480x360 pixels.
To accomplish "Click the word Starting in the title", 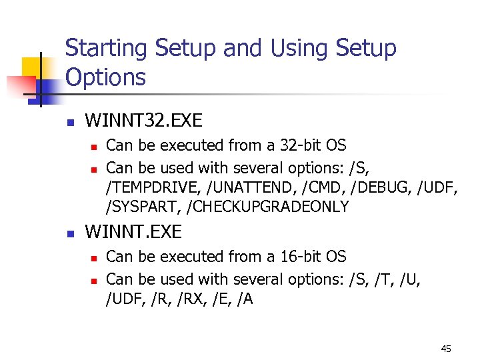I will point(106,49).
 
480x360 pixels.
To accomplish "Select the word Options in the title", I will point(105,78).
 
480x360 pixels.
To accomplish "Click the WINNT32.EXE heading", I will point(144,121).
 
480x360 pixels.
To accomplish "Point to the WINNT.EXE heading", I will point(133,232).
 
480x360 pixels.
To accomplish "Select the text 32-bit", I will point(290,145).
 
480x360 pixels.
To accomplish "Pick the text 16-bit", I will point(290,257).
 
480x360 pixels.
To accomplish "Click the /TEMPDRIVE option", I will point(153,187).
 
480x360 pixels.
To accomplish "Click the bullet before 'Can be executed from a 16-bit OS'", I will point(95,257).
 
